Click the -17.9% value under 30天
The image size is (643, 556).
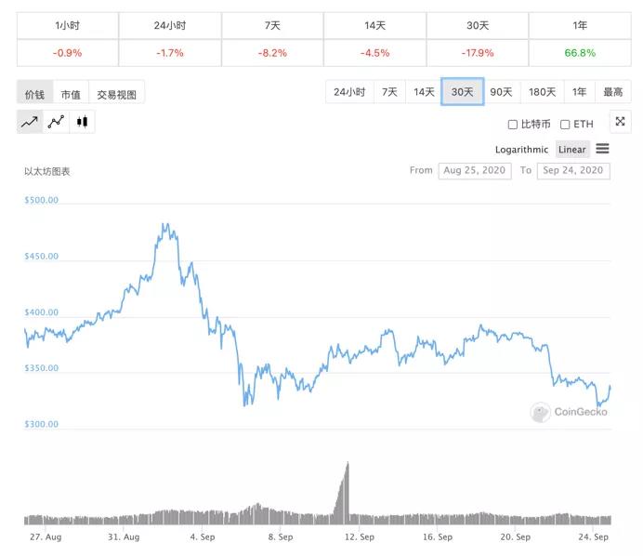[x=478, y=53]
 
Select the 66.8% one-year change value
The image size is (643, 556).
[x=580, y=53]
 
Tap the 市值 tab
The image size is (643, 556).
[x=71, y=94]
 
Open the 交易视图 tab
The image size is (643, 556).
[x=117, y=94]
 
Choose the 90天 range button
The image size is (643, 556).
[x=501, y=92]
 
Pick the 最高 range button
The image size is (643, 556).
[x=613, y=92]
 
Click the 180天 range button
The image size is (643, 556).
[x=542, y=92]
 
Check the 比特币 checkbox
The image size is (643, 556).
[x=513, y=125]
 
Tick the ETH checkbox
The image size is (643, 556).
[x=565, y=125]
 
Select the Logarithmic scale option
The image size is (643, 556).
[x=521, y=150]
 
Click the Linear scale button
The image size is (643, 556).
[x=572, y=150]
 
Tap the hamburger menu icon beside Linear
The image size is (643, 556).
[x=602, y=149]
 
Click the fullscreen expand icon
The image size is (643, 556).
[x=620, y=122]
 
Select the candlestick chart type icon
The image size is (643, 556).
[x=82, y=122]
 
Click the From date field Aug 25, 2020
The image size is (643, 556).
[x=474, y=171]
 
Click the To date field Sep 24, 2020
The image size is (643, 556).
[x=573, y=171]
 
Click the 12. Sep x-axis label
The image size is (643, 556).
[x=360, y=537]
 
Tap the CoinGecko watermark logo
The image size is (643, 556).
[x=569, y=412]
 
